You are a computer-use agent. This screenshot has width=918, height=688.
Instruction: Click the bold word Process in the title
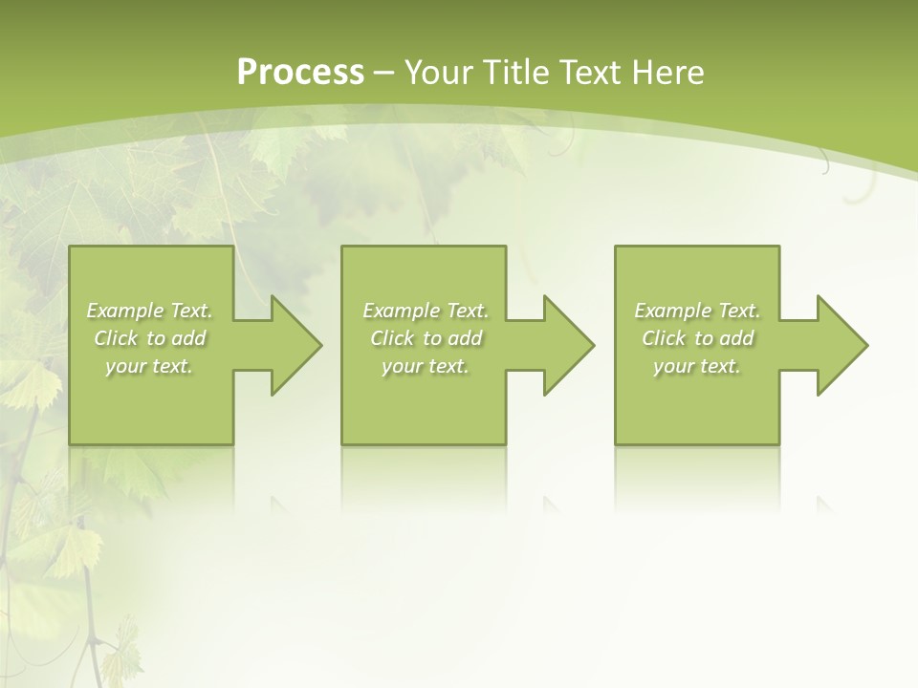coord(300,73)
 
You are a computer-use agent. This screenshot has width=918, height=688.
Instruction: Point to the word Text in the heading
coord(590,73)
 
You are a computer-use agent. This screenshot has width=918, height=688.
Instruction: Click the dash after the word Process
coord(383,73)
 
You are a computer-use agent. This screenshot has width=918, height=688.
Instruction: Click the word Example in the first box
coord(125,311)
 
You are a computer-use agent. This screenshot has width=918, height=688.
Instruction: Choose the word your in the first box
coord(124,366)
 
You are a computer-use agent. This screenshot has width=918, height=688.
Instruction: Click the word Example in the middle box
coord(402,311)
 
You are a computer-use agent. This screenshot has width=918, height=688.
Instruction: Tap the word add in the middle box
coord(465,338)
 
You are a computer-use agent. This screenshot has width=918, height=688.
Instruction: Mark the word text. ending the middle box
coord(448,366)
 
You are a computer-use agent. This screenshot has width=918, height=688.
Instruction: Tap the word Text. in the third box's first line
coord(739,311)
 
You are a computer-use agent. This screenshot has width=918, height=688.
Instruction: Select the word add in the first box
coord(188,338)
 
